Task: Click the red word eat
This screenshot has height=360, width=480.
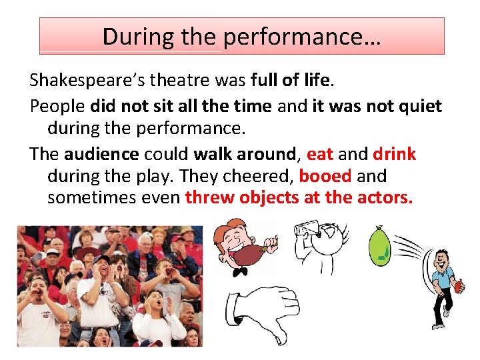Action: tap(320, 154)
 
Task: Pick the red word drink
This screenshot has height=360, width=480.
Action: tap(394, 154)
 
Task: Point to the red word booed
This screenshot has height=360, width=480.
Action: tap(325, 177)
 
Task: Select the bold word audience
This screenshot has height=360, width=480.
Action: tap(101, 154)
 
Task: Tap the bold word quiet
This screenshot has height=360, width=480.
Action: tap(418, 106)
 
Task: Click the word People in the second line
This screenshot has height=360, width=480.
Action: tap(57, 106)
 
